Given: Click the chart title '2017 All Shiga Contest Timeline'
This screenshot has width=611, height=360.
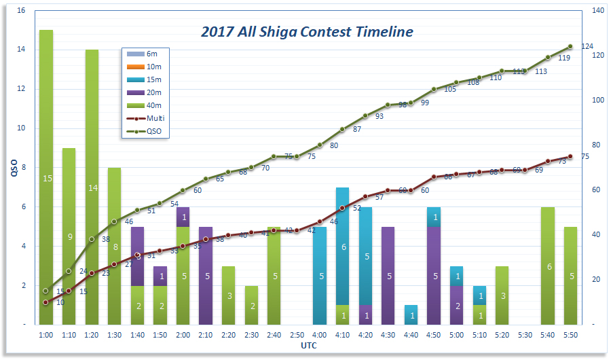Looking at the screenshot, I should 307,32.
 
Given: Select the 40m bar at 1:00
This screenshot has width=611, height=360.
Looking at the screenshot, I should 45,177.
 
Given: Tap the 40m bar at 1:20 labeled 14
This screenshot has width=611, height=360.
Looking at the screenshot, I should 92,187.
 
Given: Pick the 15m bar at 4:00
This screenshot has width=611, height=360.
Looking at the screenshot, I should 320,276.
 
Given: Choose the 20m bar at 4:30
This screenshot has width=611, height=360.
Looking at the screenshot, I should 388,276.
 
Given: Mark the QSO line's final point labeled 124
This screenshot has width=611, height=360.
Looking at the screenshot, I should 570,46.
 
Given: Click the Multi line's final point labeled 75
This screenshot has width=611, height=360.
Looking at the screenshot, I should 570,156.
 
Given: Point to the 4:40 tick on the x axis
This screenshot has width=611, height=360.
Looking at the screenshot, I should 411,335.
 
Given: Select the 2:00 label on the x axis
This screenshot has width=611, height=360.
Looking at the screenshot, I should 183,335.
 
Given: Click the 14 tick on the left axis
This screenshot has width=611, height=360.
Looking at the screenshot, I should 20,50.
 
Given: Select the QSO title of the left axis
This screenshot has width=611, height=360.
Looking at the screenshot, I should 13,168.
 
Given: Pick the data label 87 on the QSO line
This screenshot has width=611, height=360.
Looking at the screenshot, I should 357,129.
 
